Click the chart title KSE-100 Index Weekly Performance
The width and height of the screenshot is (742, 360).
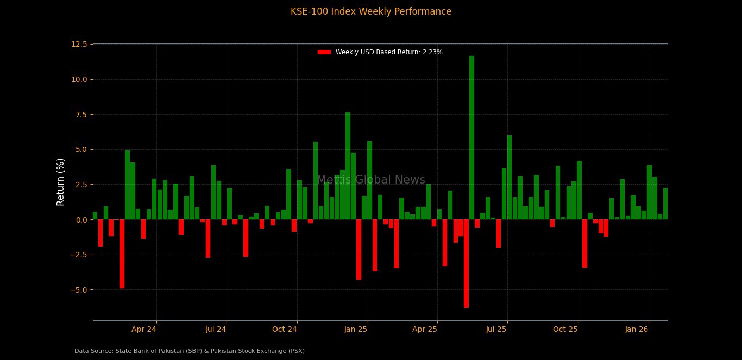(x=371, y=12)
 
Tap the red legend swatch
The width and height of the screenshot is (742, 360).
(x=324, y=52)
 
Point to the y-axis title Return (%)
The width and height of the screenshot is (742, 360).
(x=61, y=182)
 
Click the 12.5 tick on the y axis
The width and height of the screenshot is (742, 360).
(x=79, y=44)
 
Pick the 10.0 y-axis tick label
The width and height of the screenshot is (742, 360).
(x=79, y=79)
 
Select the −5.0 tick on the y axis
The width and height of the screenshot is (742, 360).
(x=78, y=290)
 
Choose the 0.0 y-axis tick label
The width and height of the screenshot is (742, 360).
(x=81, y=220)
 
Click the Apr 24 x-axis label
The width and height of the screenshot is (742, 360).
(x=144, y=329)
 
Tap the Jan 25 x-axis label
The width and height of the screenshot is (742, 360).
(x=355, y=329)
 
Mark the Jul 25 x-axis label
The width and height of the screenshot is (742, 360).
(x=496, y=329)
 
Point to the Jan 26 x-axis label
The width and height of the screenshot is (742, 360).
(x=637, y=329)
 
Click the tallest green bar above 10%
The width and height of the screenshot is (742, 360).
(x=471, y=136)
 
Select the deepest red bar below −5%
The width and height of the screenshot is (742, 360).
(x=466, y=263)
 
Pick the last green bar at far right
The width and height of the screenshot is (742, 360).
(x=665, y=204)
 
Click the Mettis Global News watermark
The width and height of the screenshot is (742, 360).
(x=371, y=180)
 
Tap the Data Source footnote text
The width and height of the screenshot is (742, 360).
(x=190, y=351)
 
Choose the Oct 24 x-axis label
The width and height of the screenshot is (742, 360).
(x=285, y=329)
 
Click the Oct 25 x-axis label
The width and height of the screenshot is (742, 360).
(x=565, y=329)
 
